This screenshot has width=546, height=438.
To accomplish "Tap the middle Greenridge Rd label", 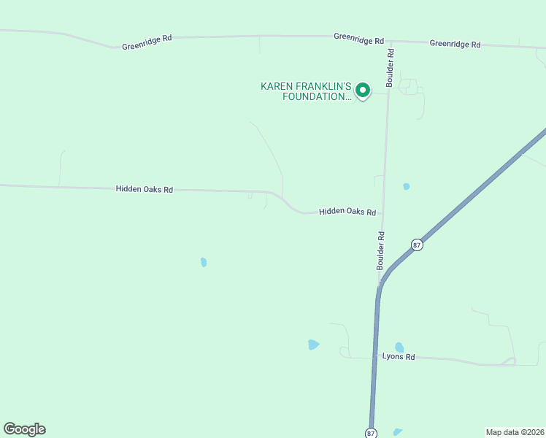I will coord(358,38).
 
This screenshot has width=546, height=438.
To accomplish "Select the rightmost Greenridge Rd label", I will coord(455,44).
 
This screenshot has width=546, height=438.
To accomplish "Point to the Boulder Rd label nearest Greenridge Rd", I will coord(391,68).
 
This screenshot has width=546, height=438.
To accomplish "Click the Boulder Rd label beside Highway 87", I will coord(380,250).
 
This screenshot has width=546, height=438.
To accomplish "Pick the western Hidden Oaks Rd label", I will coord(145,189).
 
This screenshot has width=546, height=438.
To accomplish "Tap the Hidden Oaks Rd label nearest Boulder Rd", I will coord(347,212).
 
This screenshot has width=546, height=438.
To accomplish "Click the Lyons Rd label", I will coord(399,357).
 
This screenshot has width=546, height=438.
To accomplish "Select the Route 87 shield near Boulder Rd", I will coord(416,245).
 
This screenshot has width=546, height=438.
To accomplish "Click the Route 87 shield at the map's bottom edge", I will coord(372,433).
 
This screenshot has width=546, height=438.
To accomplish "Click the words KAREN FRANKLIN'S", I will coord(306,86).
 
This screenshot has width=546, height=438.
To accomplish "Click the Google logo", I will coord(24,429).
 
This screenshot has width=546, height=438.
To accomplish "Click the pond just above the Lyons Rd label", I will coord(399,347).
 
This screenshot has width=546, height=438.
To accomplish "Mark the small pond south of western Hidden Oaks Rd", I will coord(204,262).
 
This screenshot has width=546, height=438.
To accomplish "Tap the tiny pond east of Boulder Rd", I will coord(407,186).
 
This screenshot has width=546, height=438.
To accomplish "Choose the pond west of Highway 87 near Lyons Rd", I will coord(313,345).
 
